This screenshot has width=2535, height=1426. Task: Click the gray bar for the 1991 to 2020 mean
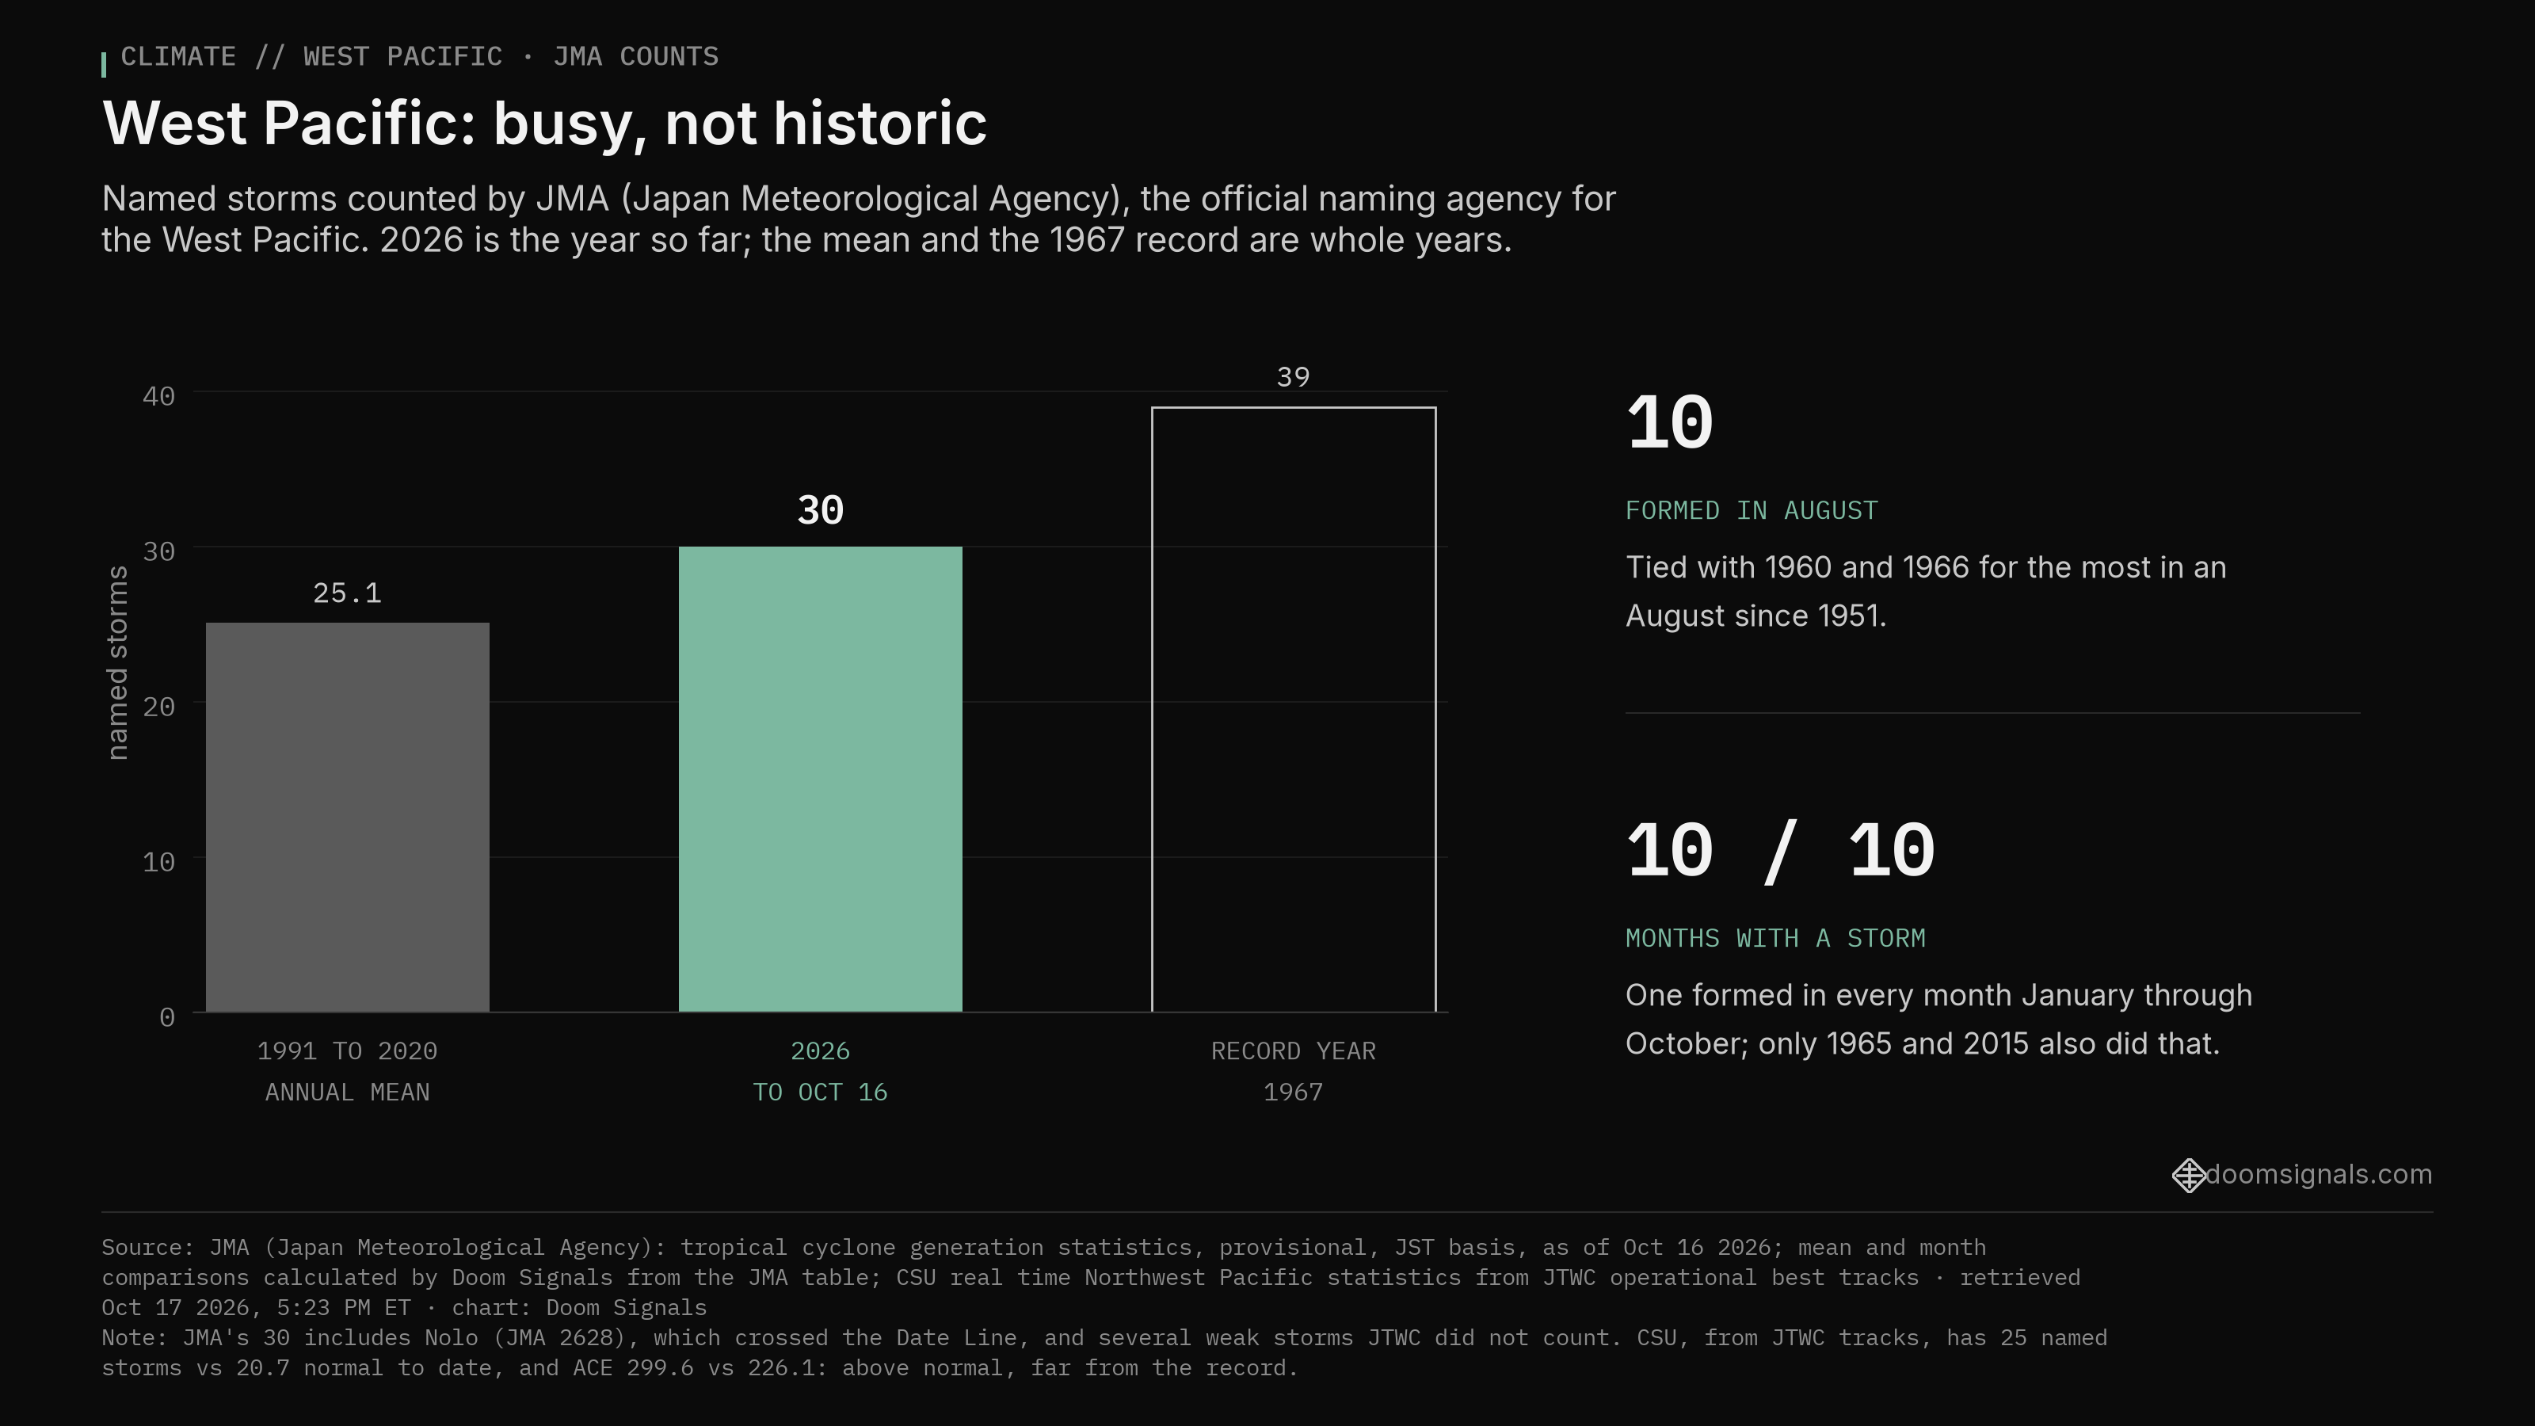point(348,817)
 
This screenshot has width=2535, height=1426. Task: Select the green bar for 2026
point(820,780)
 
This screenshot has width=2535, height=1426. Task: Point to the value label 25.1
point(348,593)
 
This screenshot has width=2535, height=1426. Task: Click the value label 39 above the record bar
point(1293,377)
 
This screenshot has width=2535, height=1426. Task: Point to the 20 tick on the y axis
point(158,707)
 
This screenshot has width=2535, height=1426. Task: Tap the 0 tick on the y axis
point(167,1016)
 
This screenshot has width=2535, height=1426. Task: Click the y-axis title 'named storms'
point(117,662)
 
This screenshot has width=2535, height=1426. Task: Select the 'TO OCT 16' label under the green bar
point(820,1092)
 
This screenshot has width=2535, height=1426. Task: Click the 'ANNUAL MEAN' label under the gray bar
point(348,1092)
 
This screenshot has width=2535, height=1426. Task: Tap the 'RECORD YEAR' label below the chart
point(1293,1051)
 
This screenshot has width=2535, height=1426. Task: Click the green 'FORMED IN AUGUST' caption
point(1752,511)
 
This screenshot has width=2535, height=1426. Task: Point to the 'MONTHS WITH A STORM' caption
point(1775,938)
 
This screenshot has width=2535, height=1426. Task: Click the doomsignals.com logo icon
point(2189,1175)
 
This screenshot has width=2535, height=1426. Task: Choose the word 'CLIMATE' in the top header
point(178,57)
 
